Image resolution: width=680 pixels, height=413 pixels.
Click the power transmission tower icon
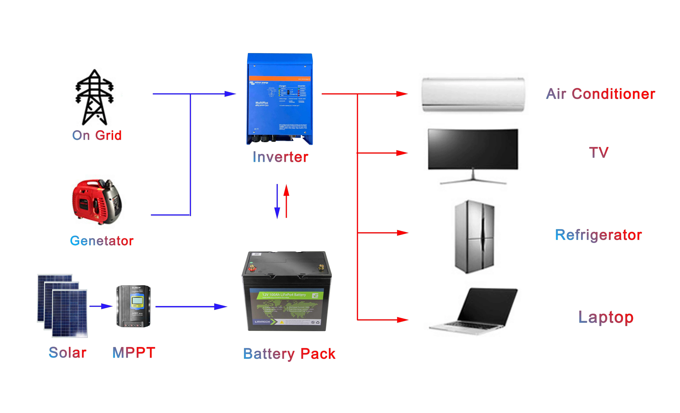(x=94, y=97)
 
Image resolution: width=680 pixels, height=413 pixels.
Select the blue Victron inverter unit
(x=280, y=99)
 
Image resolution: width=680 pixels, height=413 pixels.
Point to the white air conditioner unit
(x=473, y=94)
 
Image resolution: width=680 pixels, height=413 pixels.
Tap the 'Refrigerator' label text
(x=598, y=235)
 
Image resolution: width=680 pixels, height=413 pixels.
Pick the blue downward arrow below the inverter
(x=277, y=201)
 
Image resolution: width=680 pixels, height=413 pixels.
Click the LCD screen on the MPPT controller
(x=137, y=301)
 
